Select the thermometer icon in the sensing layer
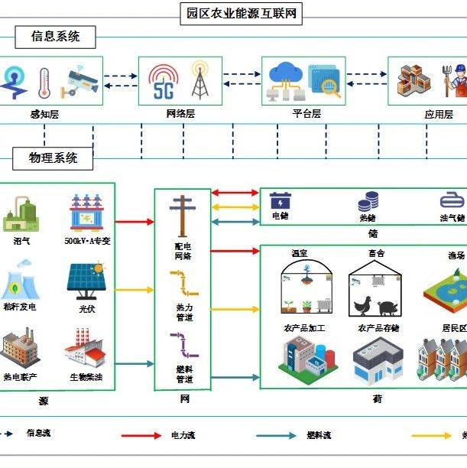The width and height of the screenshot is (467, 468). (x=44, y=81)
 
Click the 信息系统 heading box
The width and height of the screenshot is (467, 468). (x=56, y=36)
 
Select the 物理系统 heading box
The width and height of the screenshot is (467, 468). (x=54, y=158)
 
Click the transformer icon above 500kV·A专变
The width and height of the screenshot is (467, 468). (x=86, y=213)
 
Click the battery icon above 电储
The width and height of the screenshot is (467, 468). (x=281, y=201)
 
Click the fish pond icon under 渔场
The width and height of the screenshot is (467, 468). (x=446, y=293)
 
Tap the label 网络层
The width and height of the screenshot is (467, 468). (x=180, y=113)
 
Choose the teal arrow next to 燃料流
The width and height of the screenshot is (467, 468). (x=277, y=435)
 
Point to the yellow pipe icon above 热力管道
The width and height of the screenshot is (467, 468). (x=183, y=282)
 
